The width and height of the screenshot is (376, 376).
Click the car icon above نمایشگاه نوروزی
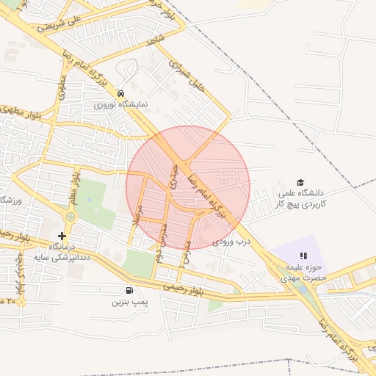click(120, 94)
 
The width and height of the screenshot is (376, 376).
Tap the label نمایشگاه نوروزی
click(120, 105)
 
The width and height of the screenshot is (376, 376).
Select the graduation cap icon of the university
click(300, 182)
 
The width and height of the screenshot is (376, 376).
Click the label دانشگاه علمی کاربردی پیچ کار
click(300, 198)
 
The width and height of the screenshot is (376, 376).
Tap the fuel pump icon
click(130, 291)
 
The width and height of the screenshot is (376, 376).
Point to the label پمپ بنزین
click(130, 302)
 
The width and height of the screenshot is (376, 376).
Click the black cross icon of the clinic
click(62, 236)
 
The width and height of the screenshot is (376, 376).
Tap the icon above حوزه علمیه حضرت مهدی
click(303, 256)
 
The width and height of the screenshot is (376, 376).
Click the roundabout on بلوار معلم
click(70, 217)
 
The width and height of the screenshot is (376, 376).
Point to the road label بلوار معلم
click(73, 187)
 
